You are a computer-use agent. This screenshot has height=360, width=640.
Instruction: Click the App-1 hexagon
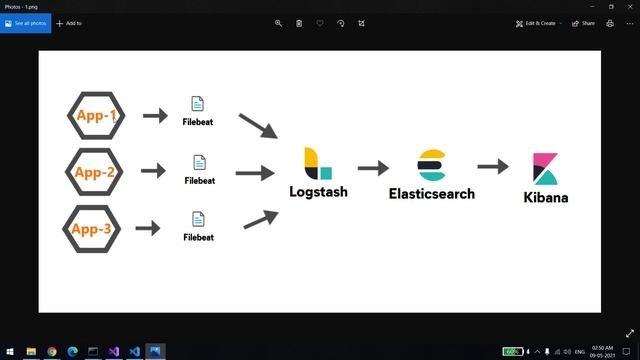click(97, 116)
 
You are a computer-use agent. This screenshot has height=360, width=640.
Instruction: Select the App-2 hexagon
click(95, 172)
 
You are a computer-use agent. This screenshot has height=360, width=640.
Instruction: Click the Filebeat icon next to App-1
click(198, 104)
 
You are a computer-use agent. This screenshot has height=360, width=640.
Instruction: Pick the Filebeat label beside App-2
click(200, 181)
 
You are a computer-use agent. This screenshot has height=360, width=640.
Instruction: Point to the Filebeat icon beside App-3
click(198, 219)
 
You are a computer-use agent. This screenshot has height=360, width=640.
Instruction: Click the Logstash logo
click(317, 163)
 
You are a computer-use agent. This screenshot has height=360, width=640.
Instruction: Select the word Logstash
click(318, 190)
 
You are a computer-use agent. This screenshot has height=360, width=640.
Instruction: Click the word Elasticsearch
click(432, 193)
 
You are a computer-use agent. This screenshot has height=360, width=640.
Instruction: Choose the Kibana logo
click(545, 169)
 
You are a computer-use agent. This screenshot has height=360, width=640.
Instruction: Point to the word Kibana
click(545, 197)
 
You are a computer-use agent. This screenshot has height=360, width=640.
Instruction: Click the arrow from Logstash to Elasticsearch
click(373, 169)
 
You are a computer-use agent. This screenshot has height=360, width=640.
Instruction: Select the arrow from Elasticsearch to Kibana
click(493, 167)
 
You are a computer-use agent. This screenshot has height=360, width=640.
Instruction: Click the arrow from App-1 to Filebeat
click(155, 116)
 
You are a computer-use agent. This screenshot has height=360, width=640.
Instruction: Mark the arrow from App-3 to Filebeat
click(148, 229)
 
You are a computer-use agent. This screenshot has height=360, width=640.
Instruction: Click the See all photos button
click(25, 23)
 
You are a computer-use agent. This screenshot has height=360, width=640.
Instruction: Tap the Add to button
click(69, 23)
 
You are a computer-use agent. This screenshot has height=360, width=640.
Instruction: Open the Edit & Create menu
click(539, 23)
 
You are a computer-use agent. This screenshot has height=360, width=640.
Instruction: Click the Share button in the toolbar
click(583, 23)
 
